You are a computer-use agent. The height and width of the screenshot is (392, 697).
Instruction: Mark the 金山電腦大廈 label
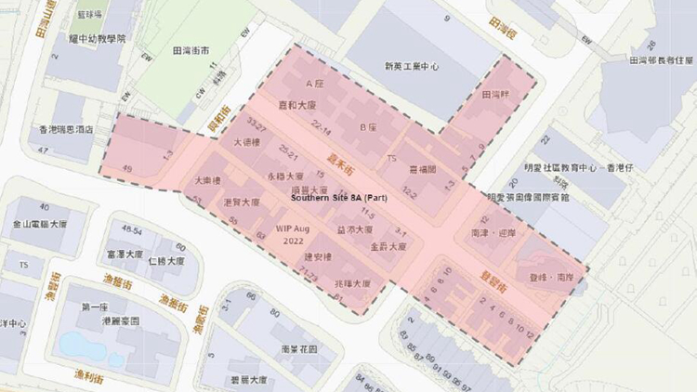click(40, 224)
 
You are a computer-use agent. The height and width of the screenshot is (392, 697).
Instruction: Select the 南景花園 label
click(297, 348)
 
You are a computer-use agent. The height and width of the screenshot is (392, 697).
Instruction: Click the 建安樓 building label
click(317, 255)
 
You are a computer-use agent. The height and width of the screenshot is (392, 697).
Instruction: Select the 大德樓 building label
click(246, 144)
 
